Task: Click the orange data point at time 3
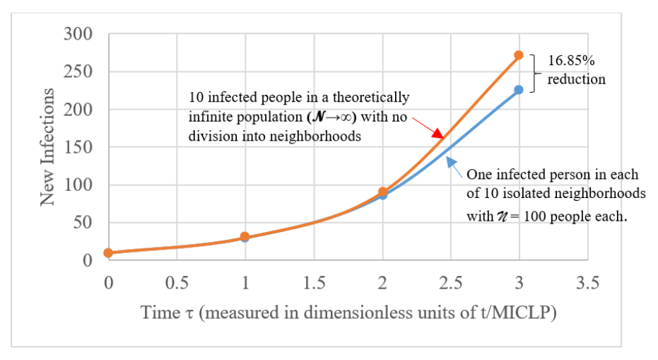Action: (x=519, y=54)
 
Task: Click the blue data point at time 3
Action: (x=519, y=90)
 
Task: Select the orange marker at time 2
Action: (x=382, y=192)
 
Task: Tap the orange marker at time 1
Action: (x=245, y=236)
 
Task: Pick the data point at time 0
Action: (x=107, y=252)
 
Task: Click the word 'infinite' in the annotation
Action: (x=211, y=117)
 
